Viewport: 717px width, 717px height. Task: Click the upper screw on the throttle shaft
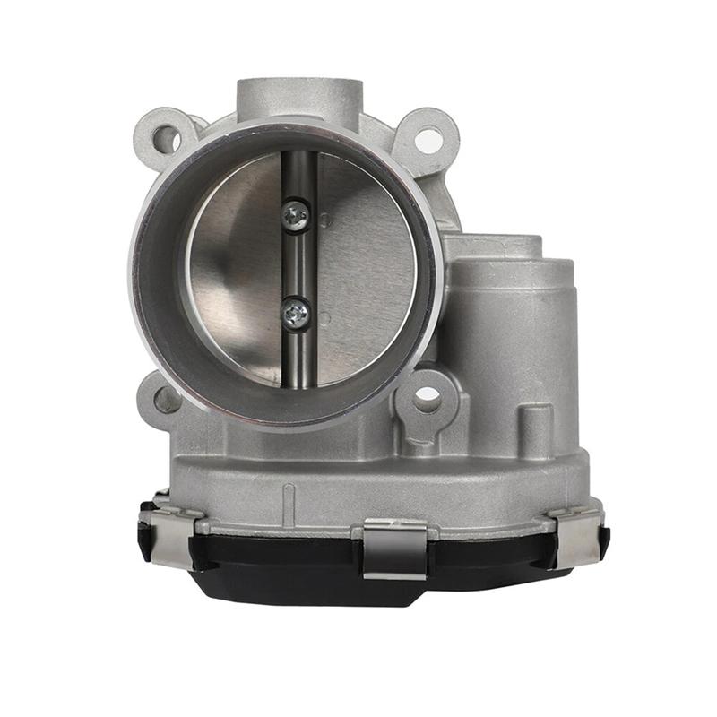point(295,214)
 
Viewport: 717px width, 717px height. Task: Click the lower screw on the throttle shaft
point(295,313)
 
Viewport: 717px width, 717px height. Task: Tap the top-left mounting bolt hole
point(166,138)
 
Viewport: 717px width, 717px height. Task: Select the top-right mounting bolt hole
point(428,140)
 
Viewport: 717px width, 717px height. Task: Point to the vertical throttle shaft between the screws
point(298,263)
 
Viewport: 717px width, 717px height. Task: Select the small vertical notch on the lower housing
point(289,497)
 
